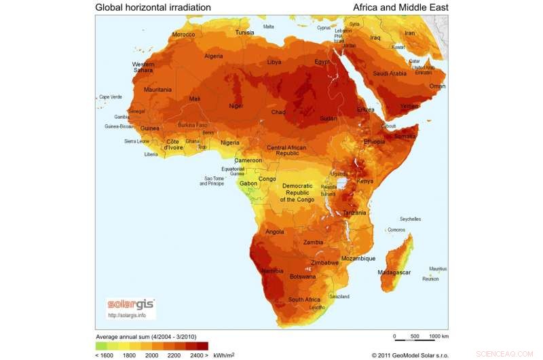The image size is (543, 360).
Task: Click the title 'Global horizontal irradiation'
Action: point(153,7)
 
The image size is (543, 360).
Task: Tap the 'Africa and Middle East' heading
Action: point(400,7)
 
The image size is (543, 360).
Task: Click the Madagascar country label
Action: point(394,272)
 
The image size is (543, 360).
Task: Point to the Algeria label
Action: point(214,56)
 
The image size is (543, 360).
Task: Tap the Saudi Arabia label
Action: point(390,73)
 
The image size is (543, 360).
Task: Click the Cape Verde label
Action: point(113,97)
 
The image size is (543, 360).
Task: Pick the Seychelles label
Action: point(410,219)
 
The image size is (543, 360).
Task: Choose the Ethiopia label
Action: point(374,141)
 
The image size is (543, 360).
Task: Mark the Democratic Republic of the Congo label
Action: point(297,193)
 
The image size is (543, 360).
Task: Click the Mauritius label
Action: point(438,268)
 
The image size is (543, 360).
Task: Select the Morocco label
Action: point(183,34)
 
